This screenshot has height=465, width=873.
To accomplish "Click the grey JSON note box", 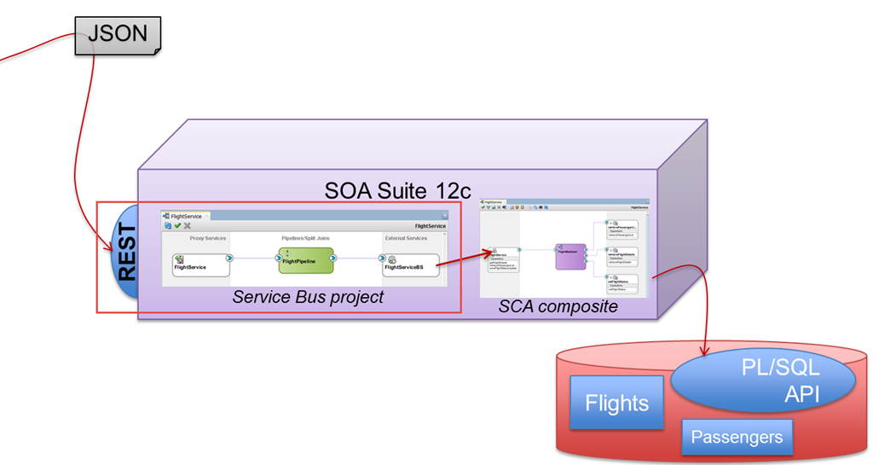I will [118, 35].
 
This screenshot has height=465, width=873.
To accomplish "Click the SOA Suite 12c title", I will [398, 189].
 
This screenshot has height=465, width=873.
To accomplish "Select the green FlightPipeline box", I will [306, 260].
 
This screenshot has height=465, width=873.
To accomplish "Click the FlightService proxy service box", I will [201, 264].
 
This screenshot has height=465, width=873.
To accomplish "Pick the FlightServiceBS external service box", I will [410, 264].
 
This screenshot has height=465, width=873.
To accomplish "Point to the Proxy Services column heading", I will [207, 238].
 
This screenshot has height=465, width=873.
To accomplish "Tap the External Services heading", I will [406, 238].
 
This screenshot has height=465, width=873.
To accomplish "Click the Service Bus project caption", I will [308, 297].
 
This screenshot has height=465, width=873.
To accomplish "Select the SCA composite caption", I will [558, 305].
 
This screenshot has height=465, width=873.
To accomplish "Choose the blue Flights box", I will [617, 403].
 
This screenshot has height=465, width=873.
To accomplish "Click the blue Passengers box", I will [737, 438].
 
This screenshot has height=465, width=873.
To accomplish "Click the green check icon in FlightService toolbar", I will [176, 225].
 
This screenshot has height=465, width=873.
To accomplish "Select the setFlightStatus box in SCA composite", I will [620, 285].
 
